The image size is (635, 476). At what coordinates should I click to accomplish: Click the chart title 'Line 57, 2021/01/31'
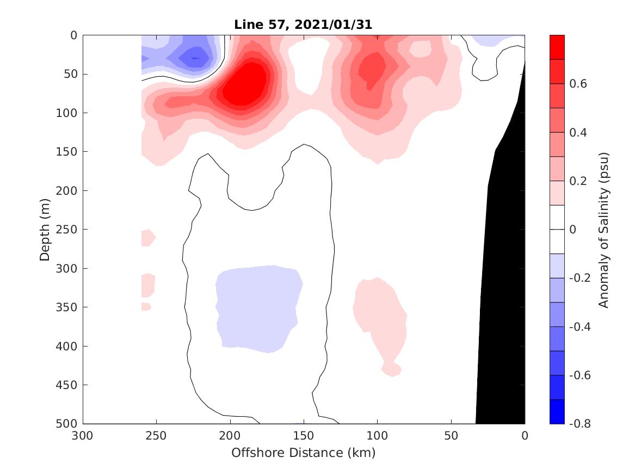pyautogui.click(x=303, y=24)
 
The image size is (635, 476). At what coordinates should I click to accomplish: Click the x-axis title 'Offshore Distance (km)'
pyautogui.click(x=303, y=453)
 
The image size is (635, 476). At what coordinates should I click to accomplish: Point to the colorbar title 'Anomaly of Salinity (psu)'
pyautogui.click(x=603, y=229)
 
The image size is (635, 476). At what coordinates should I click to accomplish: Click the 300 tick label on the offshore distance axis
pyautogui.click(x=83, y=436)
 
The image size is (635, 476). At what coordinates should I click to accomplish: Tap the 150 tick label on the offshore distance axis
pyautogui.click(x=303, y=436)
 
